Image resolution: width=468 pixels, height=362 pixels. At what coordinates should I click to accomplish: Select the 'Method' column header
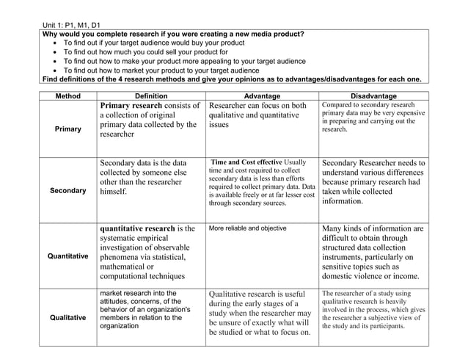(x=67, y=96)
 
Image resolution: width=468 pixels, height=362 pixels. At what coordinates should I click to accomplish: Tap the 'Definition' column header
(x=151, y=96)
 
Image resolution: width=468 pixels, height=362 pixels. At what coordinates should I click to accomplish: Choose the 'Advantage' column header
(x=262, y=96)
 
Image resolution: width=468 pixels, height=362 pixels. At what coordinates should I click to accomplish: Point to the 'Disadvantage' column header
(x=373, y=96)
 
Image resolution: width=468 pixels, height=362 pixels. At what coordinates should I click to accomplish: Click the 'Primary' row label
(x=67, y=129)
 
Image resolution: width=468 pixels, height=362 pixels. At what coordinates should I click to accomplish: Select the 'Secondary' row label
(x=67, y=191)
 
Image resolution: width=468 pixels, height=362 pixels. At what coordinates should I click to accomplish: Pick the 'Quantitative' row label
(x=67, y=256)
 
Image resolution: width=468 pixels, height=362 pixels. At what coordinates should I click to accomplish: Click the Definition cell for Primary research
(x=150, y=120)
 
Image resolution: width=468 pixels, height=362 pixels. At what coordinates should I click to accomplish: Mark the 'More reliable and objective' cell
(x=247, y=228)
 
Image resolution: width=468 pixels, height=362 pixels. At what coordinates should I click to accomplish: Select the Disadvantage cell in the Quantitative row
(x=373, y=252)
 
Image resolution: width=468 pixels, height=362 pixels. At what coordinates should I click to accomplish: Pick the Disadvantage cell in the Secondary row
(x=373, y=181)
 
